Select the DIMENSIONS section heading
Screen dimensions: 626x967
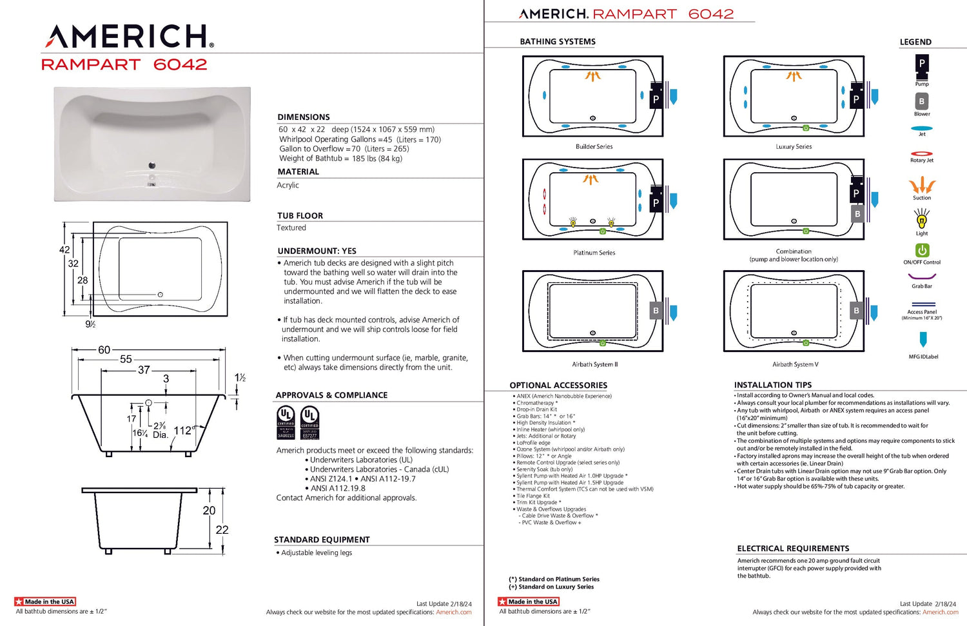pos(303,117)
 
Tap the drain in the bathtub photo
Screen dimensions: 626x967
pos(152,166)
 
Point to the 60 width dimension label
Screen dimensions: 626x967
pos(104,350)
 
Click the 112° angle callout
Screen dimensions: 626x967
pos(183,431)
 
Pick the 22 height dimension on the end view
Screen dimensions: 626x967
pos(222,530)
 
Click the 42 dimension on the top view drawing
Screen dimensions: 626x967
pos(64,250)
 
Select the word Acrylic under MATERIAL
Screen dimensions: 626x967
pos(288,186)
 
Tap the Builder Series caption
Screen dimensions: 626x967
pos(594,147)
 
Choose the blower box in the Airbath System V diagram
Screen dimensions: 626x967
pos(856,311)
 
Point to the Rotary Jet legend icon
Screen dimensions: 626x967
pos(922,153)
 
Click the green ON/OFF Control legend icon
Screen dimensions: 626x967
pos(922,250)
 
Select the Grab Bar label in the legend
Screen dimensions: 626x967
pos(922,286)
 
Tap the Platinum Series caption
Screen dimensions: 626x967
pos(594,253)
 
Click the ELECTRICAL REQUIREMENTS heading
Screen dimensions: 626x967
pos(793,549)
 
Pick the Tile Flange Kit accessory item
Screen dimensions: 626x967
pos(533,496)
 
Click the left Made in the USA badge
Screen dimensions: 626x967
pos(45,602)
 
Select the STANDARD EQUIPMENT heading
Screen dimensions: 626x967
pos(322,540)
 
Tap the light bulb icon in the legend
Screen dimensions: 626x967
pos(922,221)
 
